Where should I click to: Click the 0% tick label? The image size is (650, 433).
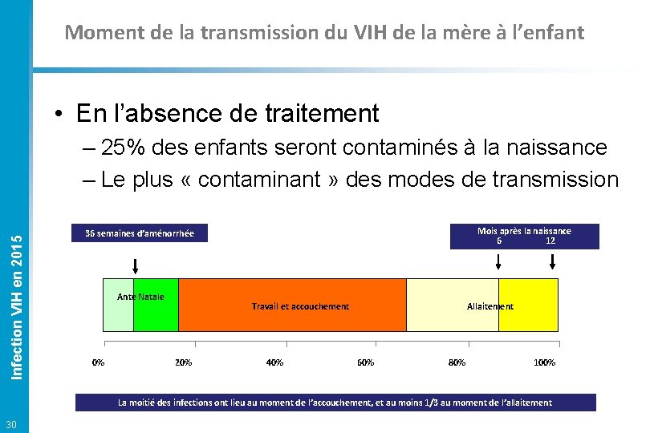[x=98, y=362]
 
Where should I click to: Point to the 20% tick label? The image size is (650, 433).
[x=183, y=362]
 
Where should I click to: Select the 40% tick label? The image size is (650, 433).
[x=274, y=362]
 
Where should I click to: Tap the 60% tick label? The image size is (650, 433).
[x=365, y=362]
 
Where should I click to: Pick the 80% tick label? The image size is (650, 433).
[x=457, y=362]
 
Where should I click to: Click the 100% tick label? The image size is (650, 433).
[x=545, y=362]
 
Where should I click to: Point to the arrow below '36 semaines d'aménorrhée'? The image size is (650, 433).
[x=136, y=266]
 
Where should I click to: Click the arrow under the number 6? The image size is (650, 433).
[x=499, y=261]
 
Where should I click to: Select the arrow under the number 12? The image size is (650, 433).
[x=552, y=261]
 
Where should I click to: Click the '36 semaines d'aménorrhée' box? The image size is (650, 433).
[x=140, y=233]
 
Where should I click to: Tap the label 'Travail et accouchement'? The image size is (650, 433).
[x=300, y=306]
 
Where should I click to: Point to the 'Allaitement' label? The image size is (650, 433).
[x=490, y=306]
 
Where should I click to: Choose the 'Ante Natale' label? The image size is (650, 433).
[x=140, y=297]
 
